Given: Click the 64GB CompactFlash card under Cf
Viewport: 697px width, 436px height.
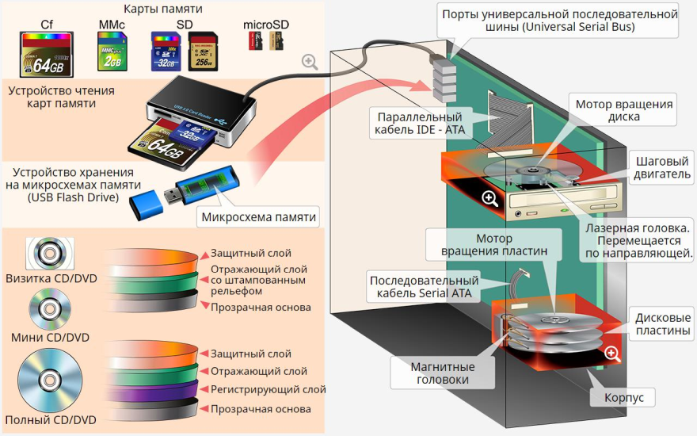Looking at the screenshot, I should coord(47,54).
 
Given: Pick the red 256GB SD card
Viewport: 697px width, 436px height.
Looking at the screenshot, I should coord(203,53).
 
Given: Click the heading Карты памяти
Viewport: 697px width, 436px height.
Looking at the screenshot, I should coord(163,9).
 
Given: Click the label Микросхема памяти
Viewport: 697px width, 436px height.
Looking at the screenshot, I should coord(259,217).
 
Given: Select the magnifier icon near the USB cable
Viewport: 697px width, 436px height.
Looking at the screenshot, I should coord(310,62).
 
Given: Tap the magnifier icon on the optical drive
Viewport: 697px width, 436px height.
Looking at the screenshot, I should coord(489,199).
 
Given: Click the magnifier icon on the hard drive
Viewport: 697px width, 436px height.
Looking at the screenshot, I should coord(611,354).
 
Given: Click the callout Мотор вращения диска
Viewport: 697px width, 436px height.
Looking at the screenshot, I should coord(624,110).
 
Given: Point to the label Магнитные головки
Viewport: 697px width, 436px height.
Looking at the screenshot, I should coord(443,373).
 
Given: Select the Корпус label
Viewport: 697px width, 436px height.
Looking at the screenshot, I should coord(624,397).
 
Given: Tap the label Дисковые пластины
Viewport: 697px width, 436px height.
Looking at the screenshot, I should coord(662,323).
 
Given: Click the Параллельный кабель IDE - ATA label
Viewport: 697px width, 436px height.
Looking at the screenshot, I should coord(423,122).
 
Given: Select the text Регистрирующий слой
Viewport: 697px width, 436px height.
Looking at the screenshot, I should coord(268,389).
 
